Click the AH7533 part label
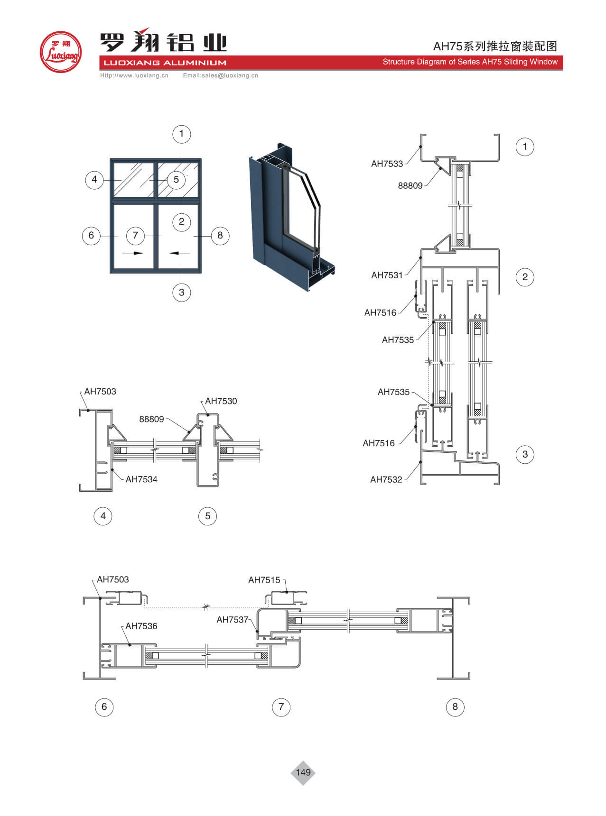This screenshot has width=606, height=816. (387, 164)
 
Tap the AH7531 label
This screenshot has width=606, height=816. (387, 275)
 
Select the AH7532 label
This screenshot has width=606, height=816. (386, 480)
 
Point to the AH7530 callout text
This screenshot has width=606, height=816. (221, 401)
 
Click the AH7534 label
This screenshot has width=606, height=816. (141, 479)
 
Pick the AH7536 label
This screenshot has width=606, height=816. (141, 626)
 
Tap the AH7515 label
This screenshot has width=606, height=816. (264, 580)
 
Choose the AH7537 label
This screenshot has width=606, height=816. (233, 620)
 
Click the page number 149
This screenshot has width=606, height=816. (303, 772)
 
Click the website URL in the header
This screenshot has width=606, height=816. (134, 75)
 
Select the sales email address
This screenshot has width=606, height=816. (221, 75)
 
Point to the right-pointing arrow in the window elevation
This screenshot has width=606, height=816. (133, 253)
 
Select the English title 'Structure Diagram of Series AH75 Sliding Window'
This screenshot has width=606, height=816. (470, 62)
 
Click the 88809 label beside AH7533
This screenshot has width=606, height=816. (410, 186)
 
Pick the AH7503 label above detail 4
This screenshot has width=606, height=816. (100, 392)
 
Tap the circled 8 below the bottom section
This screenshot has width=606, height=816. (455, 707)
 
